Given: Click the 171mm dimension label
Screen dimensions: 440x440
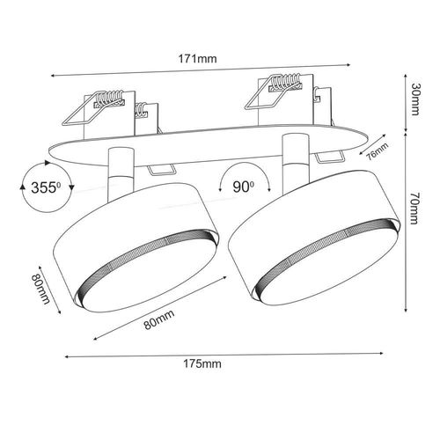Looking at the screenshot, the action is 198,59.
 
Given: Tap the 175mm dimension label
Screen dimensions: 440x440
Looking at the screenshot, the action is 202,364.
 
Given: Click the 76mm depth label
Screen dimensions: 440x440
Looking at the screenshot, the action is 378,151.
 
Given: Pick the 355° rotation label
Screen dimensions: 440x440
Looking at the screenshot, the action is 46,187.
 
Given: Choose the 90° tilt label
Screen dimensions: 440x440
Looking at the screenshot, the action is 244,187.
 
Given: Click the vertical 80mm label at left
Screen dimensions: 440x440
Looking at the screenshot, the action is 40,289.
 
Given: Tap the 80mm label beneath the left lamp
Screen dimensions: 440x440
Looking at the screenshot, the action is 159,319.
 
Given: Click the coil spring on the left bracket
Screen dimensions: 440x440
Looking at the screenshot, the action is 109,98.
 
